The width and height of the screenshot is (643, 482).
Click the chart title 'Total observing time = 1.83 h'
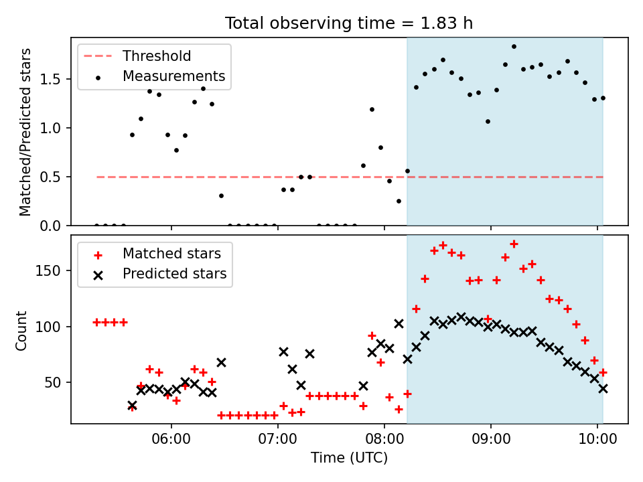tap(348, 23)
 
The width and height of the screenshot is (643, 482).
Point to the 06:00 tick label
tap(171, 439)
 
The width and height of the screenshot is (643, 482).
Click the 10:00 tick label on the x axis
tap(597, 439)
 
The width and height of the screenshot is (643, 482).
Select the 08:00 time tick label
tap(384, 439)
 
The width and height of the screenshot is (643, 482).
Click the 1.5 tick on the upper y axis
tap(50, 79)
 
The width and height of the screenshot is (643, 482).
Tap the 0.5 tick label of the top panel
tap(50, 177)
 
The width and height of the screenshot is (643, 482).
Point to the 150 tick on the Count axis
tap(48, 271)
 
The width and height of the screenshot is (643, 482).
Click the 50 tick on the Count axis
tap(52, 382)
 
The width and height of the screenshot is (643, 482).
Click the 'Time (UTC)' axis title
tap(349, 458)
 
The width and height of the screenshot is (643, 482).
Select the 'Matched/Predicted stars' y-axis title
tap(25, 132)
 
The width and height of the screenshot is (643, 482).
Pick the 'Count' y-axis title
tap(21, 330)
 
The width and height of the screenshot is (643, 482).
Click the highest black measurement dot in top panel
tap(514, 47)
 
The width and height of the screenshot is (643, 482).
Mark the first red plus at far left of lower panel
tap(96, 323)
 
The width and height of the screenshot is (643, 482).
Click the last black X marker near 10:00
tap(603, 388)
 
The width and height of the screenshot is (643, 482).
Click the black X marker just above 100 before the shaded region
tap(399, 324)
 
